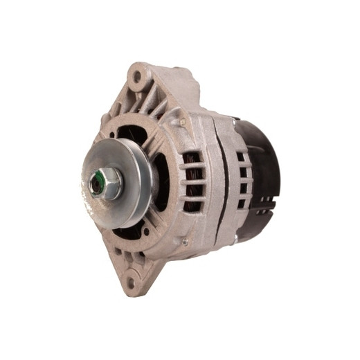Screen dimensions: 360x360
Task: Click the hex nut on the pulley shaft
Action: point(104,184)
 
